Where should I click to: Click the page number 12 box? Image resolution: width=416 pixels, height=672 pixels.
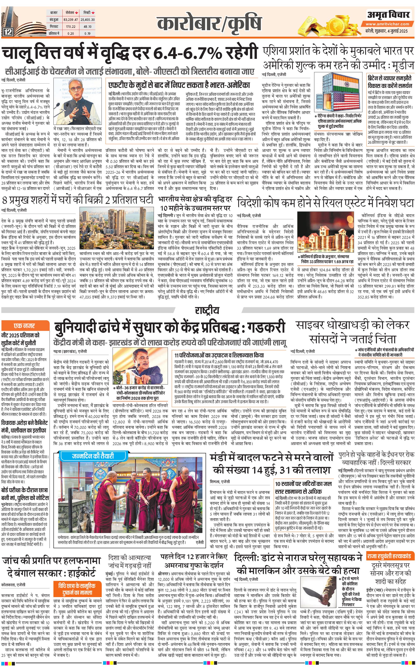pyautogui.click(x=8, y=32)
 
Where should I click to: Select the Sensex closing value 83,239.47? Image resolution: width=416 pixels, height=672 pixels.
pyautogui.click(x=71, y=20)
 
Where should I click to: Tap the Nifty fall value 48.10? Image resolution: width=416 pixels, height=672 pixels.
pyautogui.click(x=88, y=27)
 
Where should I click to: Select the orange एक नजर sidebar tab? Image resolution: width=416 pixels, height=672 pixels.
pyautogui.click(x=24, y=326)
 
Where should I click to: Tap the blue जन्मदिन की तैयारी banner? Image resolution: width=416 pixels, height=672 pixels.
pyautogui.click(x=93, y=456)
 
